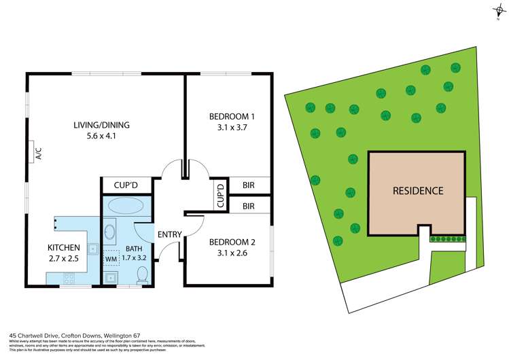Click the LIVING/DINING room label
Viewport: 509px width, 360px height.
[101, 125]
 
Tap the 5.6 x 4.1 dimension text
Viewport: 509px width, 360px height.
[101, 137]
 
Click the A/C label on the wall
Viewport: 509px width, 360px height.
[39, 154]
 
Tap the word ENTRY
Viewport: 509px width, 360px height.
[169, 235]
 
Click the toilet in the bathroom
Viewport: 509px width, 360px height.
[142, 274]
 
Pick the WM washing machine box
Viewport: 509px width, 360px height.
[110, 259]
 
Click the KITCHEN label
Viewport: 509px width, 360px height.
[64, 247]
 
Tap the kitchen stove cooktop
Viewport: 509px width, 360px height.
[69, 277]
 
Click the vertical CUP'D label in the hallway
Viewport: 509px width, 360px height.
[220, 195]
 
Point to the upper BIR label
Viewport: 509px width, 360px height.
[248, 185]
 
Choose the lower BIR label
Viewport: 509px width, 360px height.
[248, 205]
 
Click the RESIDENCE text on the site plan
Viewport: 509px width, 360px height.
[417, 191]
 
